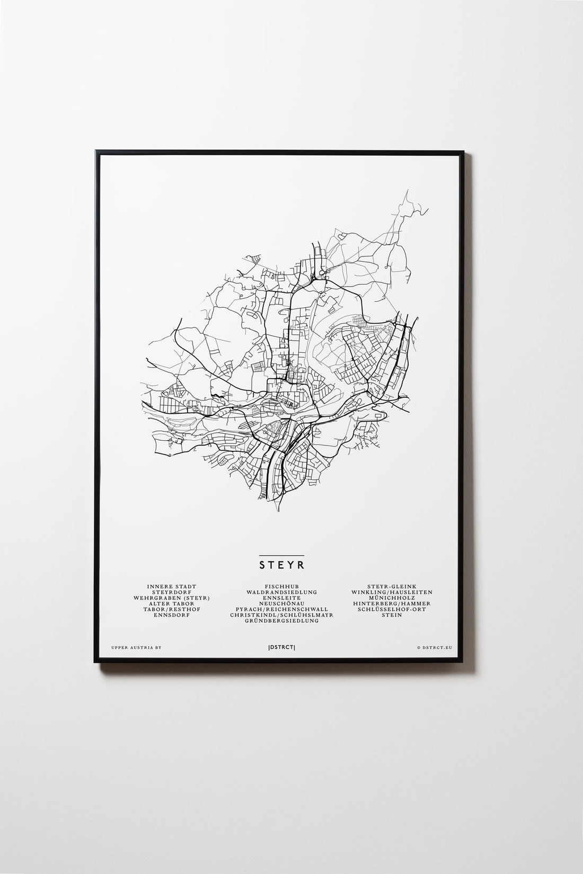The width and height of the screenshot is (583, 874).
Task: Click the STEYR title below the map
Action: tap(281, 564)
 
